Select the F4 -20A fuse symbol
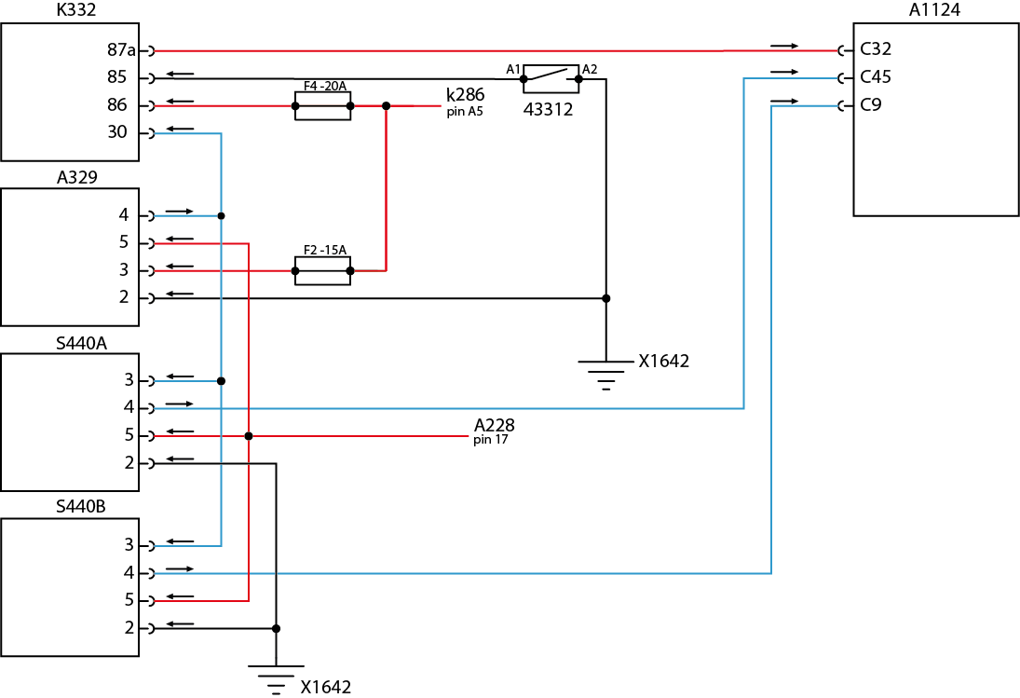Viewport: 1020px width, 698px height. pos(322,106)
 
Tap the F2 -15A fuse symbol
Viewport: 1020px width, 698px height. pos(322,271)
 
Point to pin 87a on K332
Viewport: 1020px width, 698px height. pos(122,49)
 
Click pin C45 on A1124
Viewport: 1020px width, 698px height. pos(875,77)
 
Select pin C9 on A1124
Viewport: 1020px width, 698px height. pos(870,105)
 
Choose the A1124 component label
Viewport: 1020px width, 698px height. pos(934,11)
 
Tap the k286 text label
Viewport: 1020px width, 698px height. pos(465,95)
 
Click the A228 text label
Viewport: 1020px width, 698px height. pos(494,426)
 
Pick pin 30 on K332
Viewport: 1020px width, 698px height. pos(117,133)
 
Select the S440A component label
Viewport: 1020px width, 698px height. pos(81,343)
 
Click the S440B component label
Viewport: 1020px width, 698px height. pos(81,508)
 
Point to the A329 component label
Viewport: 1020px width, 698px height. pos(76,177)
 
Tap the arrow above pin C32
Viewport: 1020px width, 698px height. pos(784,45)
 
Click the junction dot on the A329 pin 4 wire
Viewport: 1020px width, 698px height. pos(221,216)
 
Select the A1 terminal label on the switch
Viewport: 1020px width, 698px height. pos(512,69)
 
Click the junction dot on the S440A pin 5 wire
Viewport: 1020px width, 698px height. pos(249,436)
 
